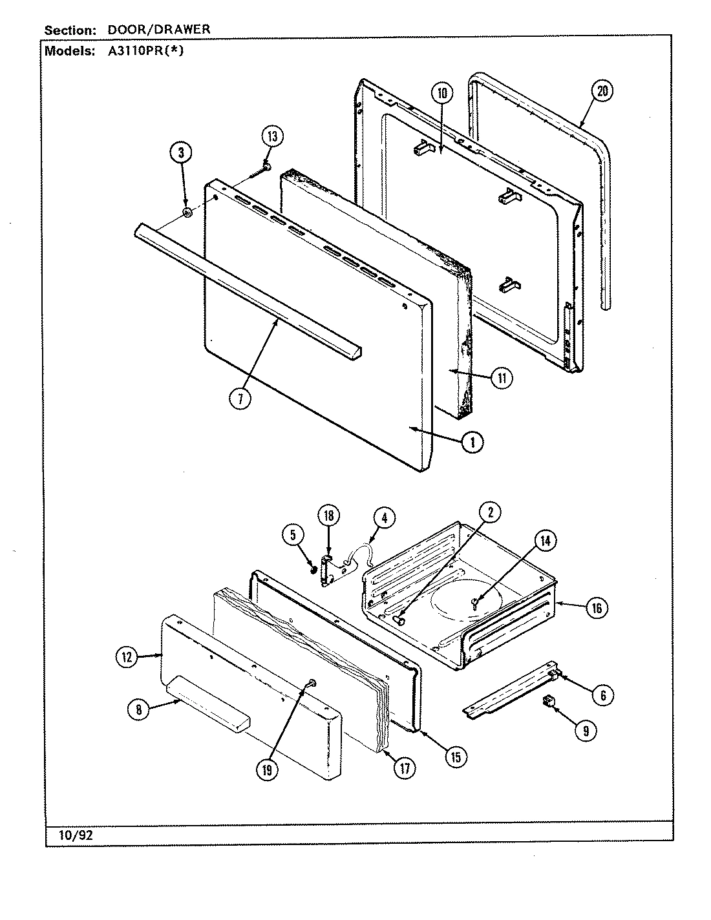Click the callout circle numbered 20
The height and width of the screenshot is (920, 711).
(602, 91)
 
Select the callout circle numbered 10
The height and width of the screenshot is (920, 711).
(441, 93)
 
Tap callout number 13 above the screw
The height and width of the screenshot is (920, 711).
(272, 136)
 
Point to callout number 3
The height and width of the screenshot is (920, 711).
(182, 152)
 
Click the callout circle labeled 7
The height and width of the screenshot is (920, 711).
(240, 399)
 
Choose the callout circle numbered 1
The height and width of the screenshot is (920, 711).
(472, 442)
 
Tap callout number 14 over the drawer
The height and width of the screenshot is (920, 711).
(544, 541)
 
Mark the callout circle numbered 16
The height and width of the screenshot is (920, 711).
(596, 607)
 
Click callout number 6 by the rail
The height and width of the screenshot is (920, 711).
(602, 695)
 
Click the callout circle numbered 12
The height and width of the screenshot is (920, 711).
(127, 658)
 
